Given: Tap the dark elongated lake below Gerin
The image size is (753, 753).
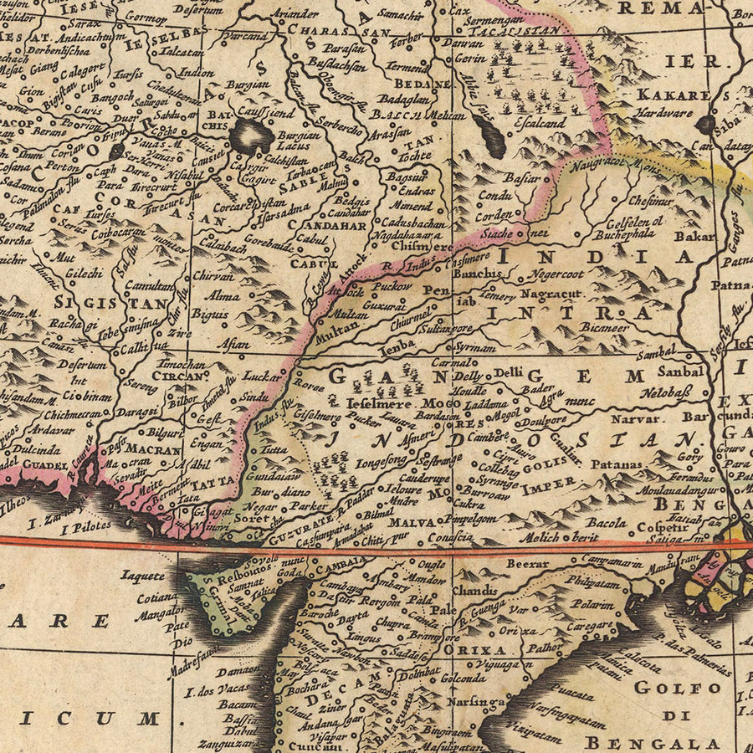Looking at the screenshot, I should (491, 134).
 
